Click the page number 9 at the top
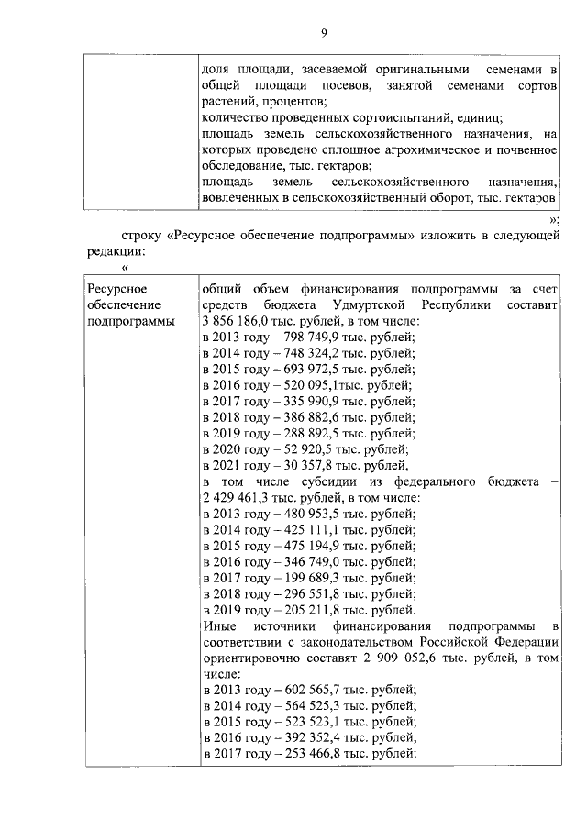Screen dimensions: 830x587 (x=324, y=34)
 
